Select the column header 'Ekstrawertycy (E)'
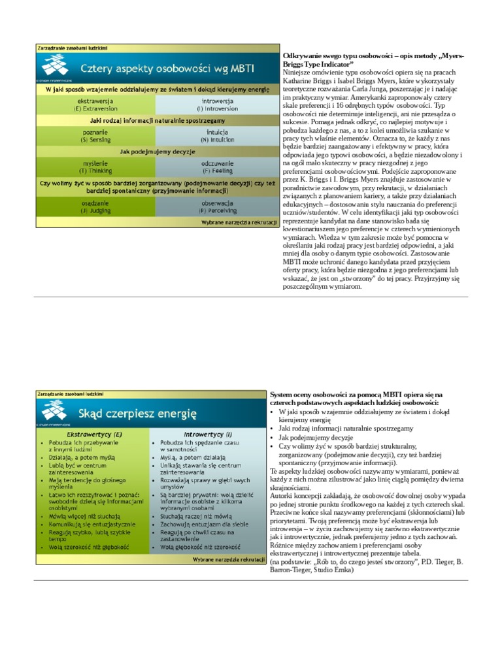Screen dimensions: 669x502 click(94, 433)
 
